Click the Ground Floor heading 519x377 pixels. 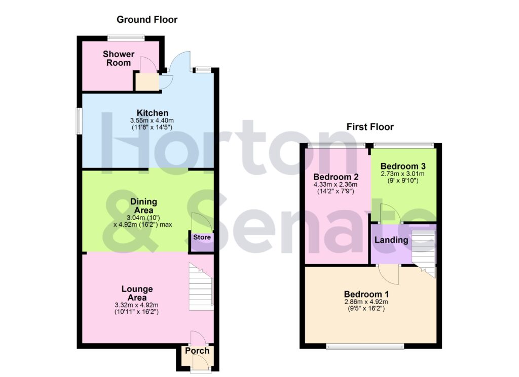point(147,20)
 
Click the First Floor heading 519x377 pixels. point(370,127)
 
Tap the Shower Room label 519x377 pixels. point(119,58)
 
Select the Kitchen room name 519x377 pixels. point(152,112)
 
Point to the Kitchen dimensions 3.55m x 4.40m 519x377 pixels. point(152,120)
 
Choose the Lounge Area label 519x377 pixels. point(137,293)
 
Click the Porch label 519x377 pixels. point(197,351)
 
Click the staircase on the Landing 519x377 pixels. point(423,250)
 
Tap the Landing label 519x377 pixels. point(391,240)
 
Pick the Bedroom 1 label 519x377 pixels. point(366,294)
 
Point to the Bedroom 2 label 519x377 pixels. point(336,177)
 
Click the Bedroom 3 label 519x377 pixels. point(403,166)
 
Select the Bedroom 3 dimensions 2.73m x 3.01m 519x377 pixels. point(403,174)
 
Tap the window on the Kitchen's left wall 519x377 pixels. point(80,121)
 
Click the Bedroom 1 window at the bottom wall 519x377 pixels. point(365,346)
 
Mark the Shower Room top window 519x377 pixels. point(126,37)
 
